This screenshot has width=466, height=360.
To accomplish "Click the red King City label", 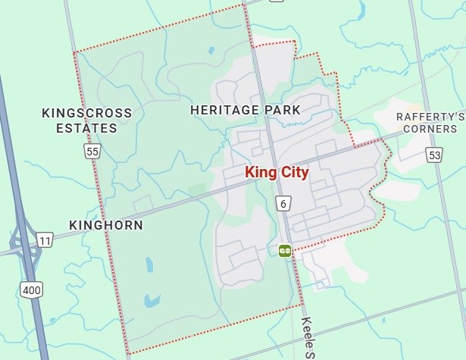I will tap(277, 173).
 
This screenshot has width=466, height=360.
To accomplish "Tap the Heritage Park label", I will tap(245, 110).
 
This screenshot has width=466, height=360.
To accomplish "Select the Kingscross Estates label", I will tap(86, 121).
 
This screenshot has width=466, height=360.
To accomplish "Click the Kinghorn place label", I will tap(105, 225).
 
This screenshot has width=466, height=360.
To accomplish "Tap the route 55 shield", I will tap(92, 152).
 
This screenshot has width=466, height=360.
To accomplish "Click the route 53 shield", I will tap(433, 155).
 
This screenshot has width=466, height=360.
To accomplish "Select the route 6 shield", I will tap(283, 203).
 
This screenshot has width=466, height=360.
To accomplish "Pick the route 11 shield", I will tap(45, 240).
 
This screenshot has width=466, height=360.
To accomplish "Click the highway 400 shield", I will tap(32, 289).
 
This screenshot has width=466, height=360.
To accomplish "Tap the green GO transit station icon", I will tap(285, 250).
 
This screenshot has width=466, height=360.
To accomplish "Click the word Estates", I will tap(86, 128).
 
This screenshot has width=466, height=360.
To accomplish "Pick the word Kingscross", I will tap(86, 113).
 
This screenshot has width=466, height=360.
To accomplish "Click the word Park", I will tap(283, 110).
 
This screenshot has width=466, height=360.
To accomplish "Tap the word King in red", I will tap(259, 173).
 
